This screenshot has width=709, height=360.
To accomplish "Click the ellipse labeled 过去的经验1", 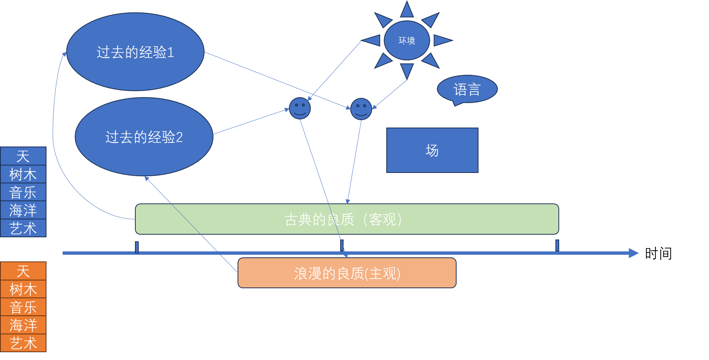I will click(135, 52).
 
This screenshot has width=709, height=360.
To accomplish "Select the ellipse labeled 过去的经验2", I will click(144, 137).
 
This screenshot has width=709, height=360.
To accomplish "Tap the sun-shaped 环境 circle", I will click(407, 40).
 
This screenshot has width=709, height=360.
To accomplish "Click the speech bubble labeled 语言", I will click(467, 89).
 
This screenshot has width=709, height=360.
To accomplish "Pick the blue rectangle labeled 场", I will click(432, 150).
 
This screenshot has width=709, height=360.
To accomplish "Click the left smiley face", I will click(300, 108).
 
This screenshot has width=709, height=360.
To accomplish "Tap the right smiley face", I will click(361, 109).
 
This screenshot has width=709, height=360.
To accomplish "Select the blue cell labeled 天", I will click(23, 156).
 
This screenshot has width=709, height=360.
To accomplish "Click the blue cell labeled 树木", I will click(23, 174).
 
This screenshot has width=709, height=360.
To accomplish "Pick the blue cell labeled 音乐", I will click(23, 192).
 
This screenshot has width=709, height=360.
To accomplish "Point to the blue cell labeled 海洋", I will click(23, 210).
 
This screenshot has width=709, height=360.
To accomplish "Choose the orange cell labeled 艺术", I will click(23, 343).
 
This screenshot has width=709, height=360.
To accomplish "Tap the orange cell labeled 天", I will click(23, 271).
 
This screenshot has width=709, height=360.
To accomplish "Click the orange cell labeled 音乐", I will click(23, 307).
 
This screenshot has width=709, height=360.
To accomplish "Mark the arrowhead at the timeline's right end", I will click(634, 253).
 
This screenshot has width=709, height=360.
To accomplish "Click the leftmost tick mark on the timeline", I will click(137, 247).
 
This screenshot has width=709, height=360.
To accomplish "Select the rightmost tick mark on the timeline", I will click(557, 245).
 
